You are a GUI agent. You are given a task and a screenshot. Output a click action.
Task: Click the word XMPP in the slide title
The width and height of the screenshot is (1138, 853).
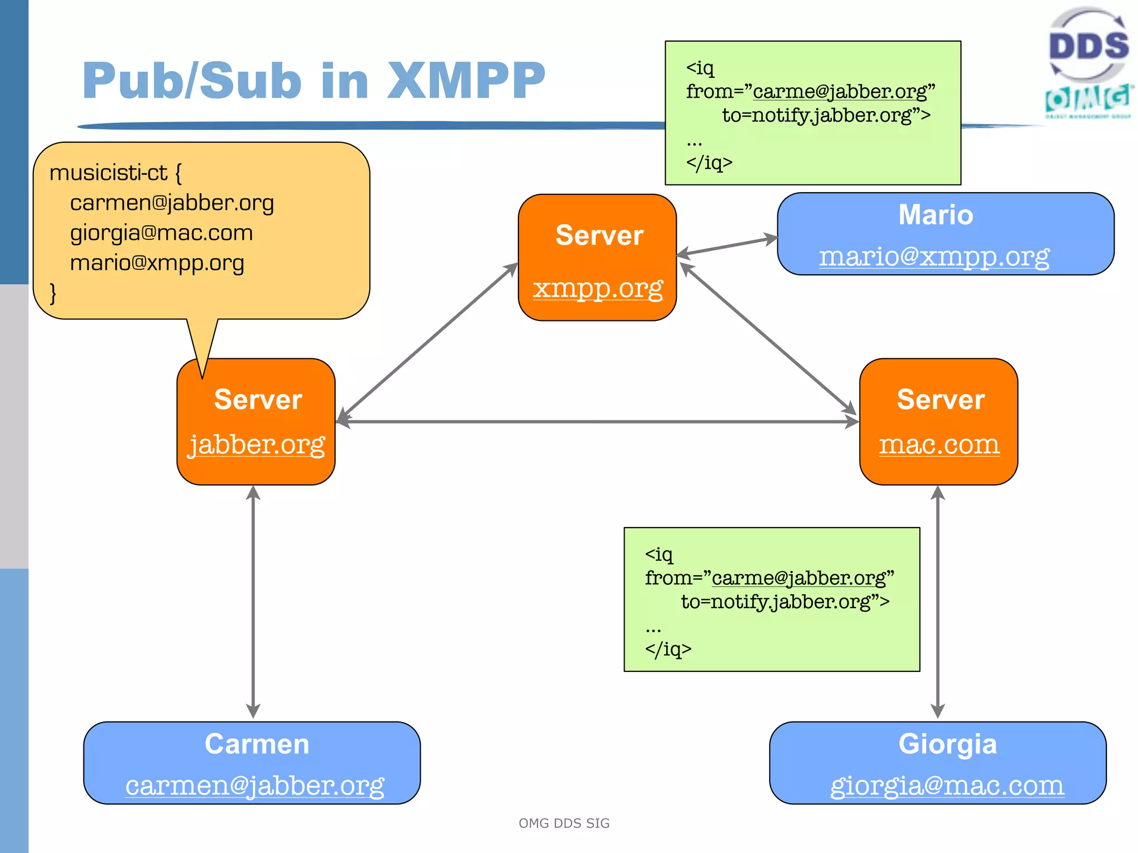[466, 81]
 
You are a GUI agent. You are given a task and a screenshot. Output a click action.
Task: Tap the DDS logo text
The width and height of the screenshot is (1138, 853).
[1088, 46]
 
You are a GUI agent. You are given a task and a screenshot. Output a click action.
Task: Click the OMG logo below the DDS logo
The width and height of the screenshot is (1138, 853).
[1088, 100]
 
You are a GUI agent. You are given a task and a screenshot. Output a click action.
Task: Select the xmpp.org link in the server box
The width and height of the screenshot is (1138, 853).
[598, 288]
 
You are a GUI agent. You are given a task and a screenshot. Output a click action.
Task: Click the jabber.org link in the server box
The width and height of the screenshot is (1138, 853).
[256, 444]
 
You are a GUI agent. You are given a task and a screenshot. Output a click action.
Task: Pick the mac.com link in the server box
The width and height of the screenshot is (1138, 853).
[939, 444]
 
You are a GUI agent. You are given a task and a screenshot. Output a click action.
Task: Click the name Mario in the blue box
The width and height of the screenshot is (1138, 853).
[936, 215]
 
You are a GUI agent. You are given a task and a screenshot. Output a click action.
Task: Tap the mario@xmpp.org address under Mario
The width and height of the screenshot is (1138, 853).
[934, 256]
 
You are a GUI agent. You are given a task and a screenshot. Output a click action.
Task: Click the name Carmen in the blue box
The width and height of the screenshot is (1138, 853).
[257, 744]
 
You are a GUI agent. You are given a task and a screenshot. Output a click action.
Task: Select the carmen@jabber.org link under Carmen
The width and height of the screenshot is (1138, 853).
[254, 785]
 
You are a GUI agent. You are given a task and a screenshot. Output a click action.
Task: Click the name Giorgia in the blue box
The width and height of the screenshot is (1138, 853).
[947, 744]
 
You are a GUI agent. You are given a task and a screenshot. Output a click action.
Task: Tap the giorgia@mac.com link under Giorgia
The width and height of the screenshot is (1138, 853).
[947, 785]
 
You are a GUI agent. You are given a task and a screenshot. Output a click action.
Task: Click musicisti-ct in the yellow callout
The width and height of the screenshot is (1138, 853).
[108, 173]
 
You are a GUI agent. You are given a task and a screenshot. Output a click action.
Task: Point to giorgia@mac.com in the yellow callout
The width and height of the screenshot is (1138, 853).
[161, 233]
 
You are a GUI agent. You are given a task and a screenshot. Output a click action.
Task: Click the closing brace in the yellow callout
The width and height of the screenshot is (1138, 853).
[53, 293]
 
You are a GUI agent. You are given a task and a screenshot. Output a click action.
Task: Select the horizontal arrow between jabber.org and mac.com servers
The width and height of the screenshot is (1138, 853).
[597, 422]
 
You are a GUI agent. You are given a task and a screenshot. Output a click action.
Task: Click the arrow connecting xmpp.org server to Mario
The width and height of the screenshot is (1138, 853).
[727, 247]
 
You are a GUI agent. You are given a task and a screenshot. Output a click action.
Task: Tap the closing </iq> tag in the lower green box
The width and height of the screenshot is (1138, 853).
[668, 649]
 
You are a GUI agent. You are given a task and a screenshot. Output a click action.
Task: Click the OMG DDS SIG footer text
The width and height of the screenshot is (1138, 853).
[564, 823]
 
